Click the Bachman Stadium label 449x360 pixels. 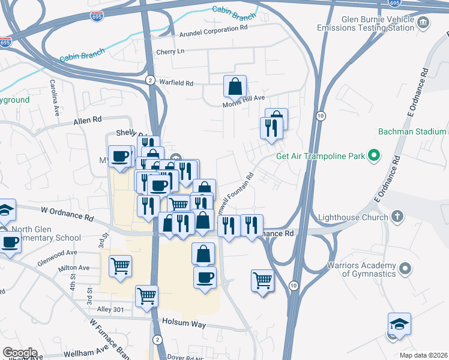tap(412, 131)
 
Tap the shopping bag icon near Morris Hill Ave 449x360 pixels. tap(235, 86)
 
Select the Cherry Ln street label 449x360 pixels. tap(170, 52)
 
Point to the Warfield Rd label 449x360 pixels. tap(176, 83)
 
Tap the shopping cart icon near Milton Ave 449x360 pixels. tap(121, 265)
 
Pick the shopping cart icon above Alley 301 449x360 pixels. tap(147, 296)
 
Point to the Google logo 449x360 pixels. tap(19, 352)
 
